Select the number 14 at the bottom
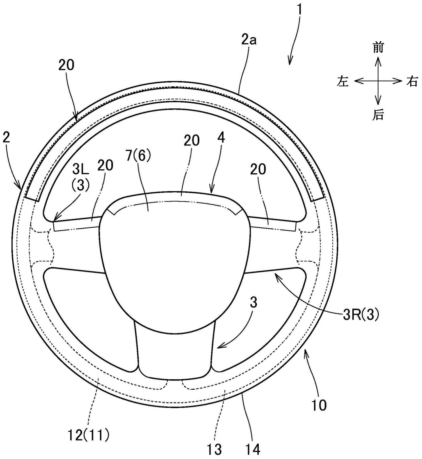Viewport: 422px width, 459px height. [x=252, y=450]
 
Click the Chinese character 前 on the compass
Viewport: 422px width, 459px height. [x=378, y=47]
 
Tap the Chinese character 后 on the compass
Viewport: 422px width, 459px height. [x=378, y=115]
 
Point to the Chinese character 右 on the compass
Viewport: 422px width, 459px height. [x=412, y=81]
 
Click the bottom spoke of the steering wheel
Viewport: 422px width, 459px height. [x=175, y=355]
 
